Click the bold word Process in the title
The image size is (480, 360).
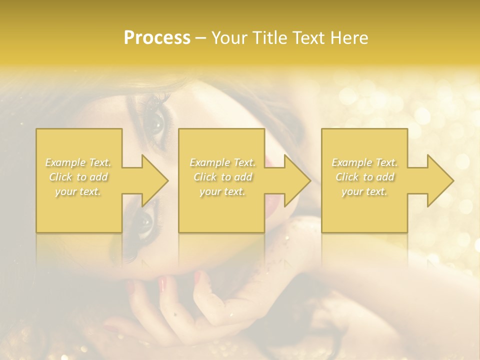(157, 38)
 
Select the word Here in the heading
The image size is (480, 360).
(349, 38)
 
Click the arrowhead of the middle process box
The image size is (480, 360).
(298, 181)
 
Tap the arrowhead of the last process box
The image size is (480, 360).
(441, 181)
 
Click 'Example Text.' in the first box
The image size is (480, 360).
(78, 162)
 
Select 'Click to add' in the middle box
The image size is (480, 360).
(222, 177)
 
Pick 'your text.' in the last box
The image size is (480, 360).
(364, 191)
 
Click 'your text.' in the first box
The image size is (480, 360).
(78, 191)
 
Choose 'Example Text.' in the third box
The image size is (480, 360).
(364, 162)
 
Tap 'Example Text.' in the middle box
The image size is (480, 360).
(222, 162)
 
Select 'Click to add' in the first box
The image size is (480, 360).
(78, 177)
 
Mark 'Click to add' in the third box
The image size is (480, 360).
(364, 177)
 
